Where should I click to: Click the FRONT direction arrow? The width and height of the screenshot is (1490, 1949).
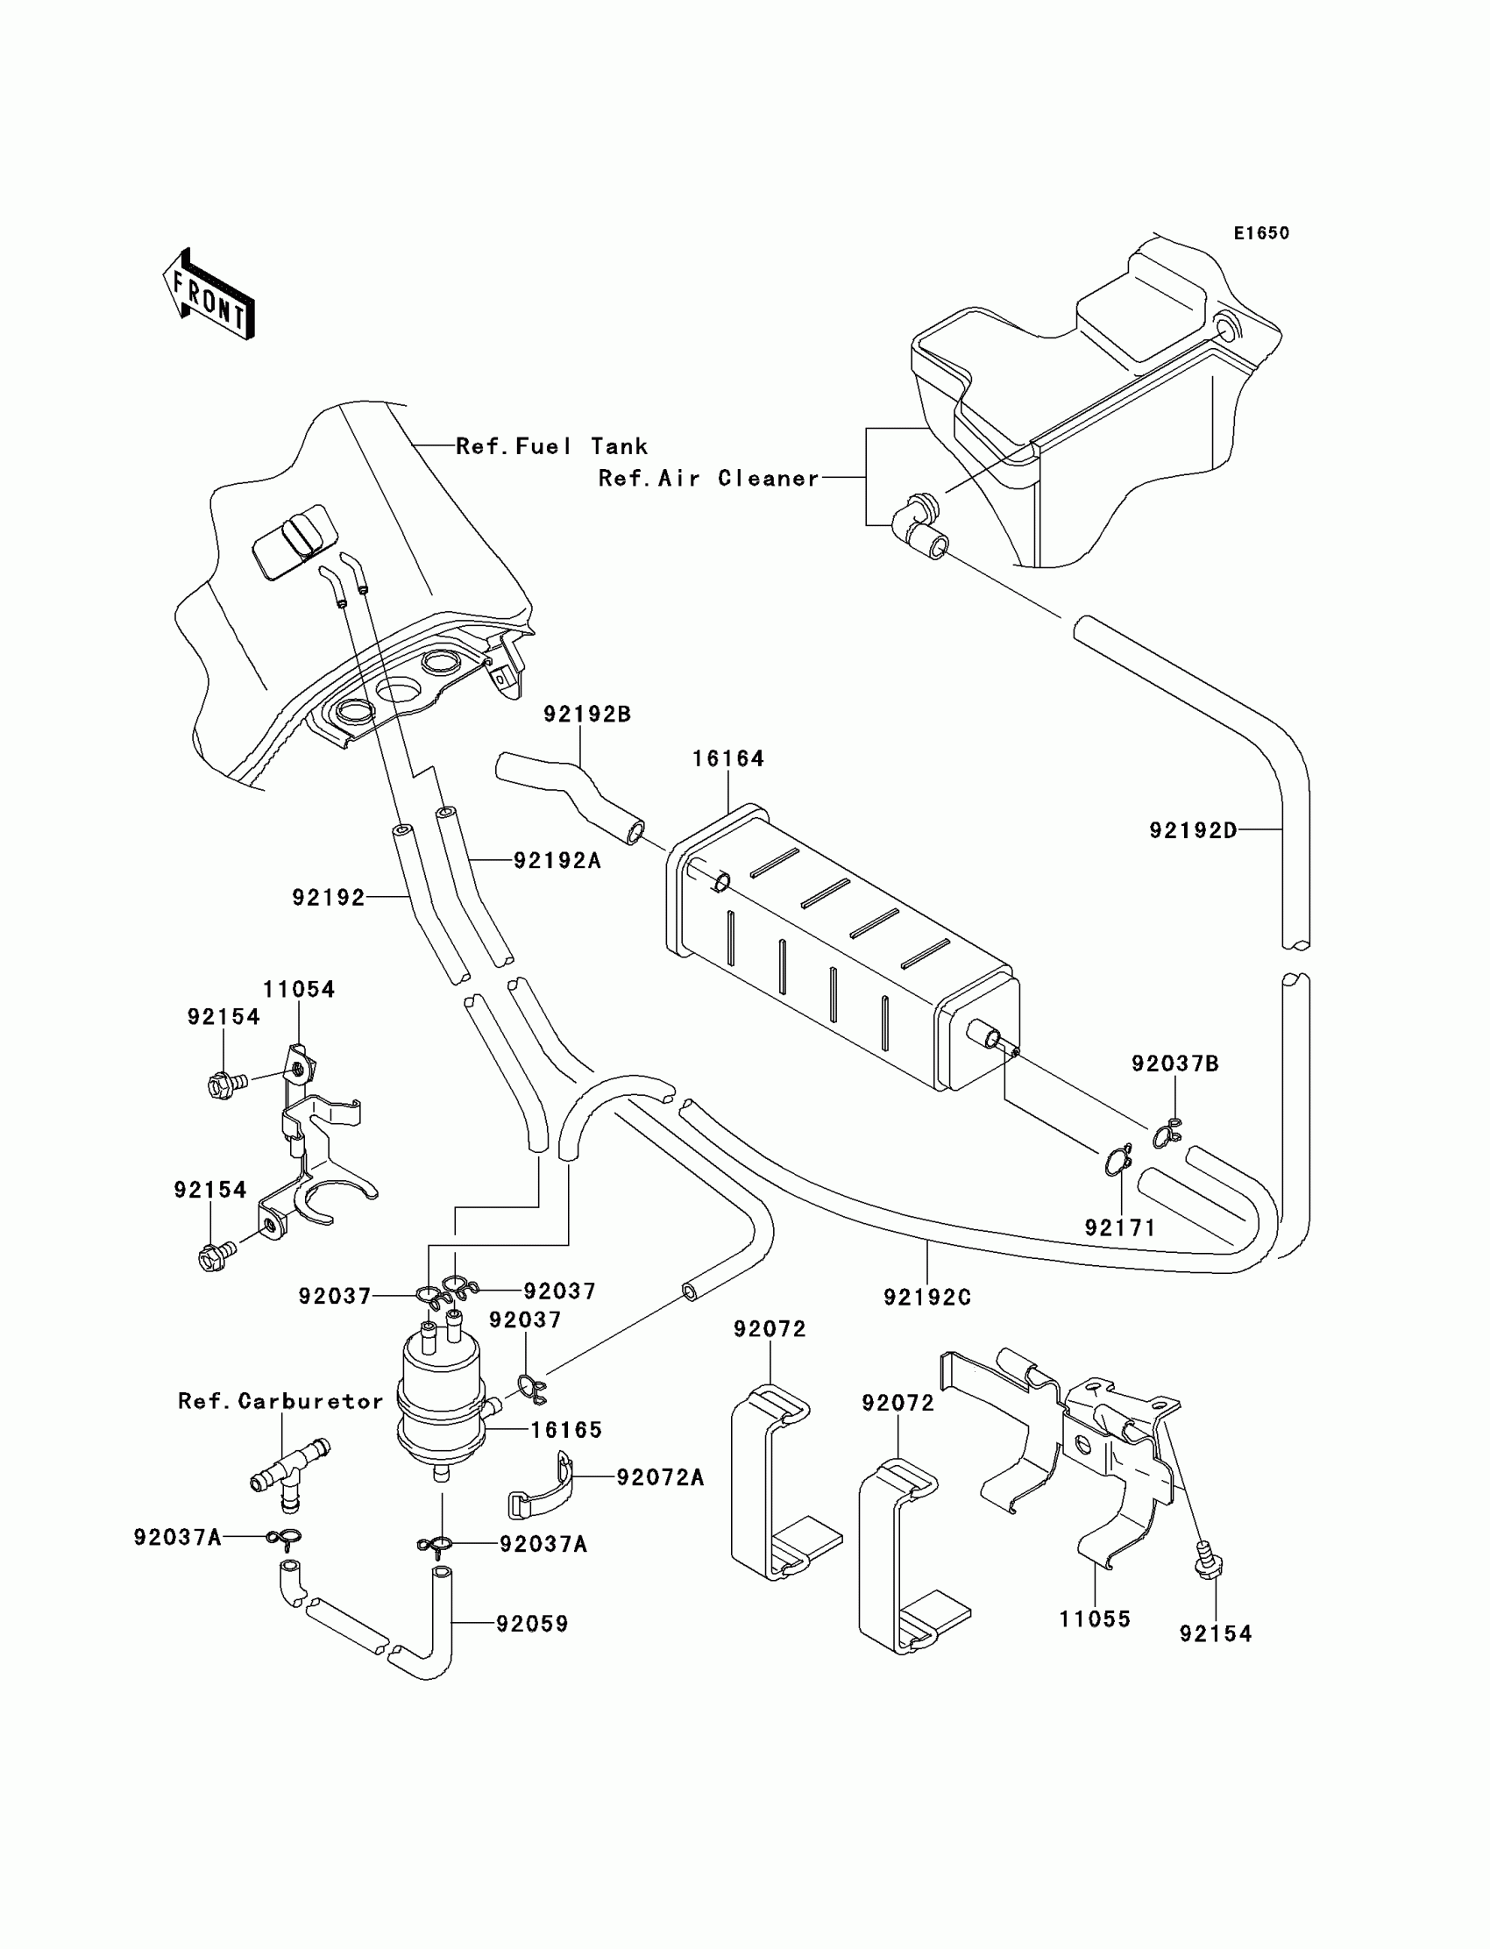209,295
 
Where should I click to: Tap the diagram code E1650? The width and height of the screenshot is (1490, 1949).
1261,233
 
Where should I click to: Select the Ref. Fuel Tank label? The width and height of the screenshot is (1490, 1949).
551,446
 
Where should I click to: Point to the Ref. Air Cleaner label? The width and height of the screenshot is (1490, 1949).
709,478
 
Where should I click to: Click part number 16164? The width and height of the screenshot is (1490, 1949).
727,758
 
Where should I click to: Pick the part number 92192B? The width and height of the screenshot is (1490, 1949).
587,715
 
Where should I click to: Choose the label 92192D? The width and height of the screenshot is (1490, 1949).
1193,830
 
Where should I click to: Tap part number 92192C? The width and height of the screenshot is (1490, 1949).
927,1297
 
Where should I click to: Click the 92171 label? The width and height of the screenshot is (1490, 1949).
1120,1227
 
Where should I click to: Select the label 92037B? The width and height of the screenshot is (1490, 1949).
1175,1063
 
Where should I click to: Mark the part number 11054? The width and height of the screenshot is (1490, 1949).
299,989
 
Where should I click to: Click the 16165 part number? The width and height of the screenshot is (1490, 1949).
567,1430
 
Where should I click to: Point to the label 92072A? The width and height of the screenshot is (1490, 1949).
661,1477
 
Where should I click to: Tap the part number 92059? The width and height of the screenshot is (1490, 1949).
532,1624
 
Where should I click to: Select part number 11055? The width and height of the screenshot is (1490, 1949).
1096,1619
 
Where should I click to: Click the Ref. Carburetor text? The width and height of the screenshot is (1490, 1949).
281,1401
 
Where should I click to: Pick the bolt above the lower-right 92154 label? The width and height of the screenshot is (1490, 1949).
1207,1557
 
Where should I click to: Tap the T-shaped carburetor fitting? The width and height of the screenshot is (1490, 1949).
289,1475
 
